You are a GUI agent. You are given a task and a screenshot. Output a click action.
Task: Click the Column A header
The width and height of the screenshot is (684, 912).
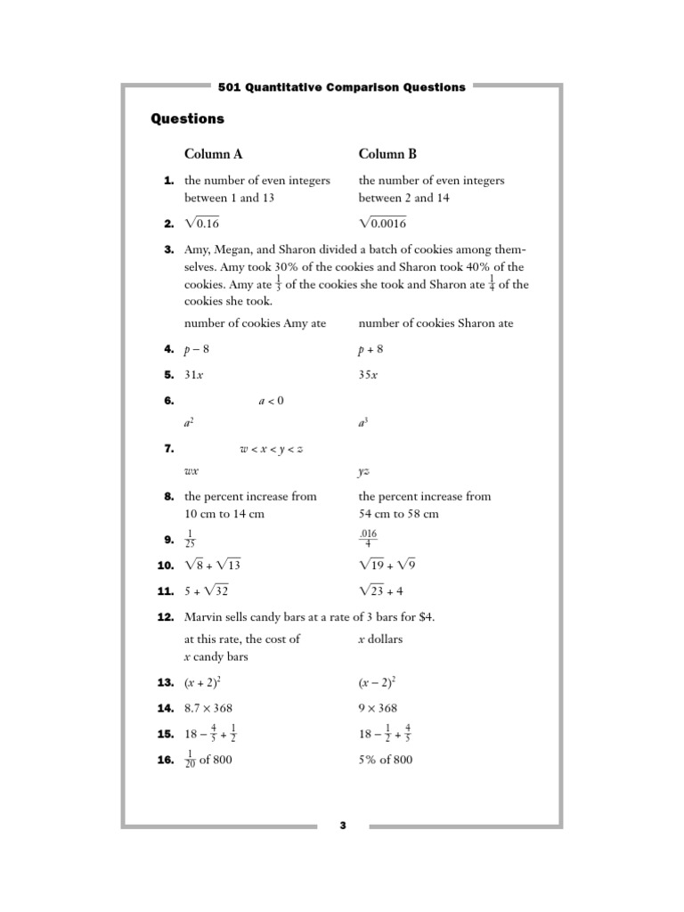pos(213,154)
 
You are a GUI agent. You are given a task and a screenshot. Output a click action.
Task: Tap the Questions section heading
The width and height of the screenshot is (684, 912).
pos(187,118)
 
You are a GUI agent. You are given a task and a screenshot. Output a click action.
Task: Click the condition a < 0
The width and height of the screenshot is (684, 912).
pos(271,401)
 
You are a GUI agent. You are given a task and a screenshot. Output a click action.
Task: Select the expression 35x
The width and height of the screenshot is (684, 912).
pos(368,375)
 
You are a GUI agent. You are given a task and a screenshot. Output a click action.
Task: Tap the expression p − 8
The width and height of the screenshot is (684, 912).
pos(197,350)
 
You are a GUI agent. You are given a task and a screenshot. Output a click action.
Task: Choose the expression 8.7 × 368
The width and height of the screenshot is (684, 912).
pos(215,708)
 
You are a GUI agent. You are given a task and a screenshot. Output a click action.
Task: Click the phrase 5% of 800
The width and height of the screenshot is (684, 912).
pos(386,760)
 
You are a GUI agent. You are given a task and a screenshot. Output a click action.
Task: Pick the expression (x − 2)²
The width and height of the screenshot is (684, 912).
pos(377,682)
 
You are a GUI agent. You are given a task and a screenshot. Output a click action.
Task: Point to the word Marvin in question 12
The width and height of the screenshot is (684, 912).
pos(204,617)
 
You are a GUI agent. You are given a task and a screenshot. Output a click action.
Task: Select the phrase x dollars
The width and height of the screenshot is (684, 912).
pos(380,639)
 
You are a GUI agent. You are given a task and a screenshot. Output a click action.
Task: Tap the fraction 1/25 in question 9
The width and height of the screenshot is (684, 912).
pos(189,540)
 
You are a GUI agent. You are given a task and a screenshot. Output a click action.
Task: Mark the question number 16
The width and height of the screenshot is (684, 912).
pos(166,760)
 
